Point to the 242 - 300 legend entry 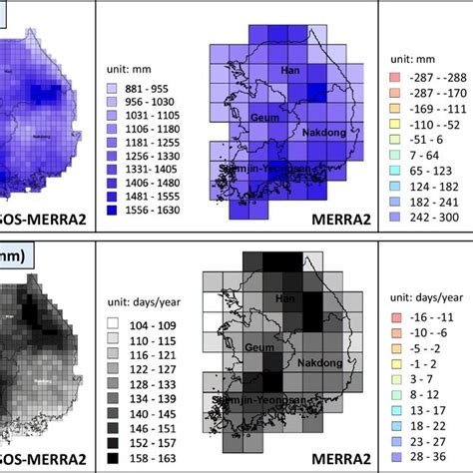[x=425, y=215]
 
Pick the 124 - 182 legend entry [x=425, y=185]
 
